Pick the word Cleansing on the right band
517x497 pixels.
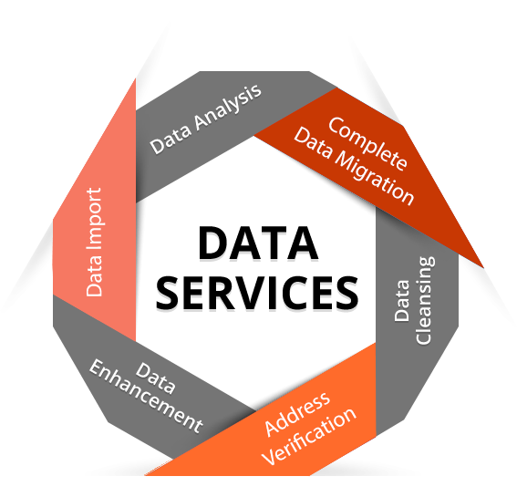pyautogui.click(x=425, y=300)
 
